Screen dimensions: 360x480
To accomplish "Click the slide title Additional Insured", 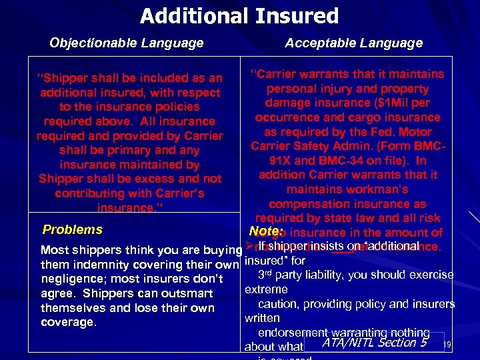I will coord(239,15).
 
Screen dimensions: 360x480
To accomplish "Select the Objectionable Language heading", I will coord(127,43).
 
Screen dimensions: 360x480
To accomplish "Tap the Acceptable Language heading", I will coord(353,43).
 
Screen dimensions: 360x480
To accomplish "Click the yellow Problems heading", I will coord(72,230).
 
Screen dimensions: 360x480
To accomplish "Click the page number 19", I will coord(447,345).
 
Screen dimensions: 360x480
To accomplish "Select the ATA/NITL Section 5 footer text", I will coord(374,343).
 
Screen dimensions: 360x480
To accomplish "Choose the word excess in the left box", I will coord(167,179).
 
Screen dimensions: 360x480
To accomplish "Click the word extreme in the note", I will coord(266,290).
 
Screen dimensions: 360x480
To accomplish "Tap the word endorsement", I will coord(296,333).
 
